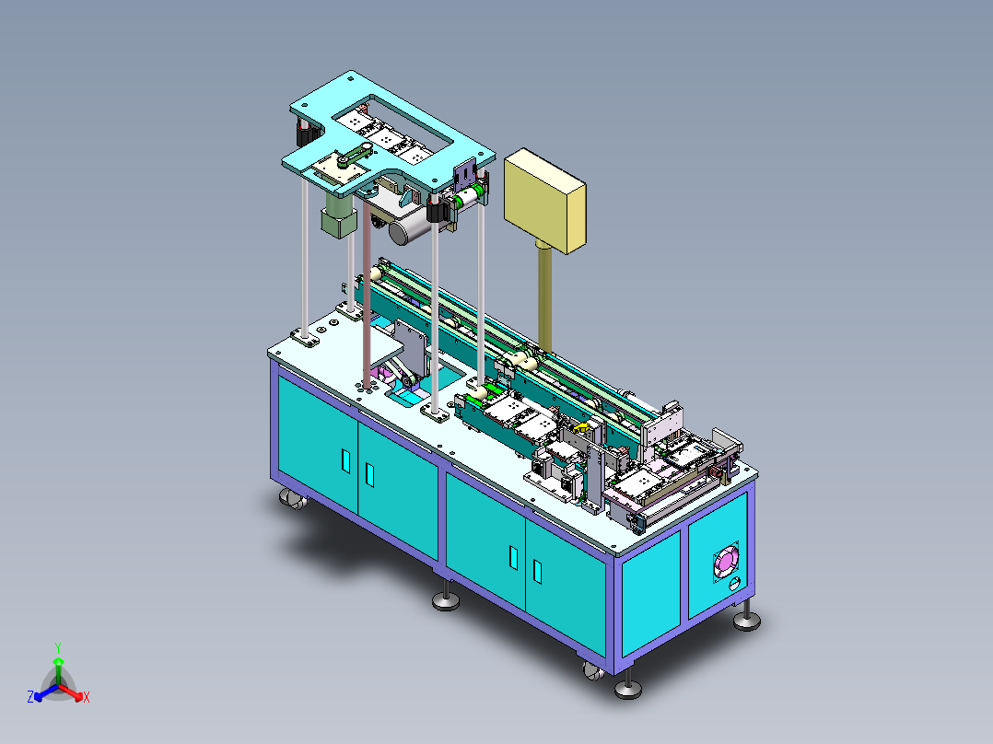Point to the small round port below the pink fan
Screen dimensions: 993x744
(x=734, y=584)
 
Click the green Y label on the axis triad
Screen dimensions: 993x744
(x=58, y=647)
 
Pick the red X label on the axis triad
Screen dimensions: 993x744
(x=87, y=697)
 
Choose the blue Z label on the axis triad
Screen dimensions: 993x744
(x=30, y=696)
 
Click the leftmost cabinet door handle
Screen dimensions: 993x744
(x=345, y=461)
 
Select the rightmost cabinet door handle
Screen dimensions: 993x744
(x=538, y=571)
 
